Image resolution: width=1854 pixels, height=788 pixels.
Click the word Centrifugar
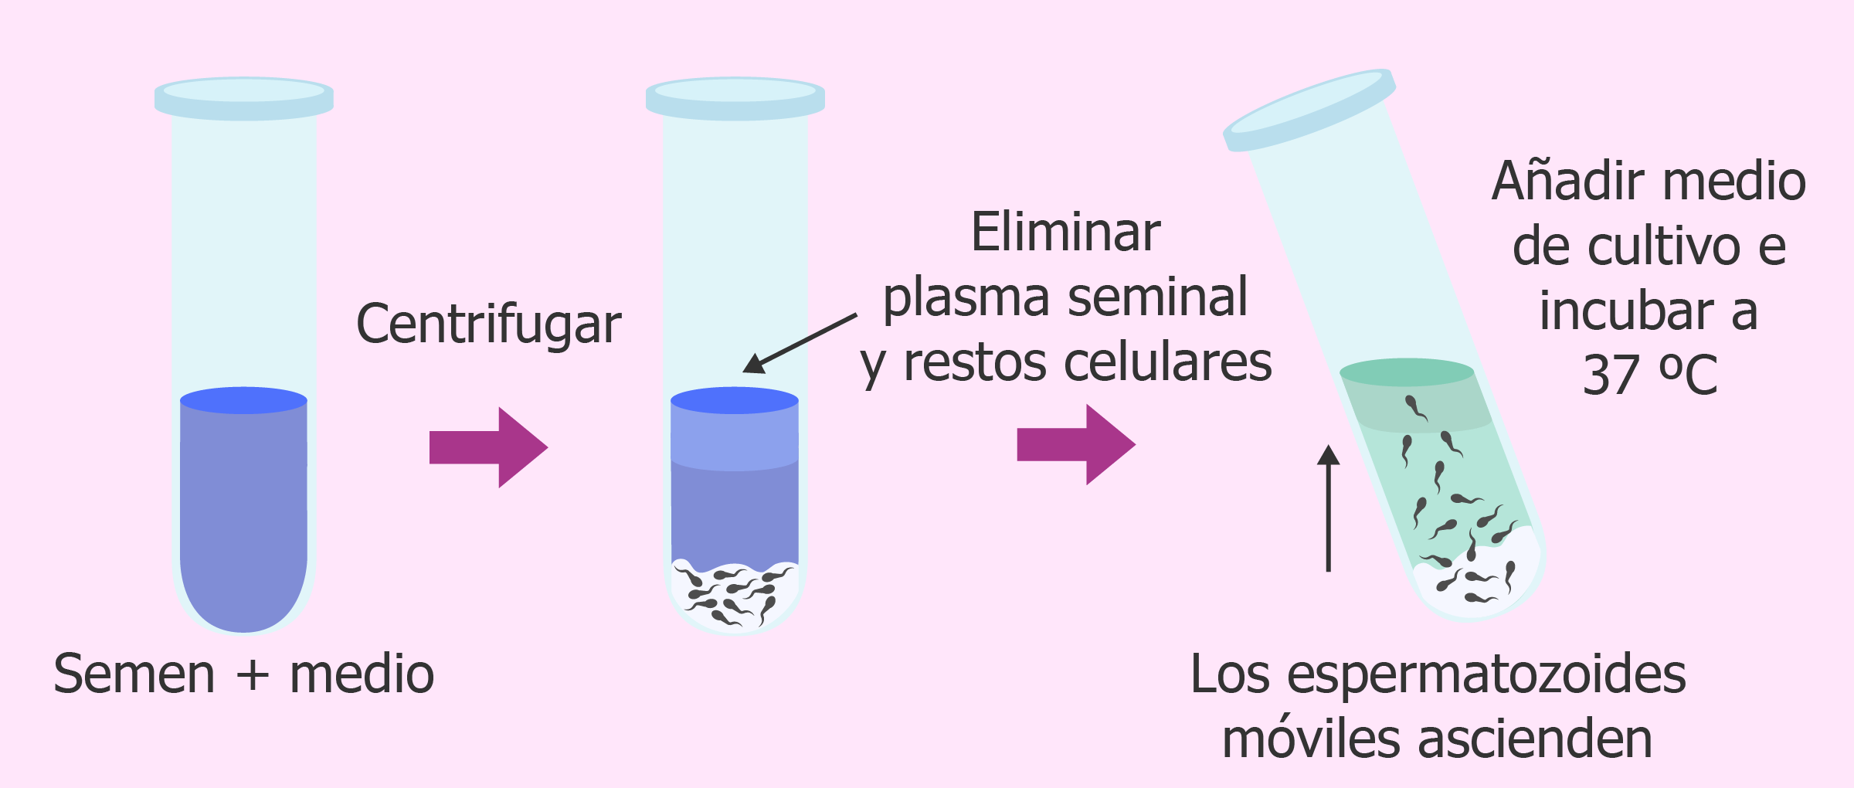tap(488, 324)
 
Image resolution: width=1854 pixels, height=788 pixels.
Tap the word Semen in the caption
tap(134, 674)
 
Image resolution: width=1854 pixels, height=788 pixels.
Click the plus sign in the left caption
tap(253, 675)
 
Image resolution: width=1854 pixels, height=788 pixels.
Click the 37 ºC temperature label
tap(1650, 375)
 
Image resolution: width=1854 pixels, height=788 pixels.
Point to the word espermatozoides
tap(1487, 675)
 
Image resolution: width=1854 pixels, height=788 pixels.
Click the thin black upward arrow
tap(1328, 510)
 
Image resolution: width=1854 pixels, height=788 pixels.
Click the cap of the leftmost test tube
tap(244, 98)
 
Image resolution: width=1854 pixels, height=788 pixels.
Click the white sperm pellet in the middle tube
tap(734, 599)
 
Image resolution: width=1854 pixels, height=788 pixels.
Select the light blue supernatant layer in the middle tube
tap(734, 436)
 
